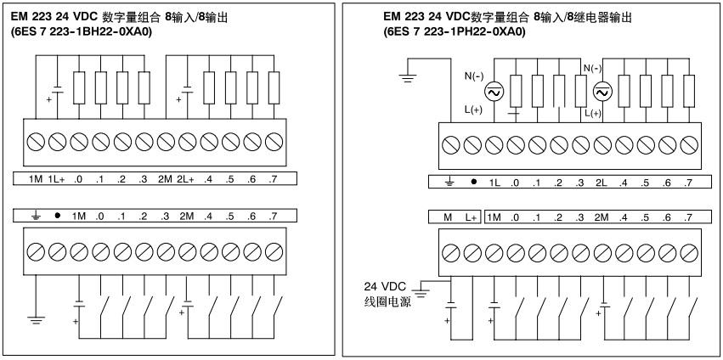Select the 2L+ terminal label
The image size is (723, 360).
tap(187, 179)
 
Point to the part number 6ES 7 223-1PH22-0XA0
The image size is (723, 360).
tap(454, 31)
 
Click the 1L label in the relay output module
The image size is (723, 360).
tap(494, 183)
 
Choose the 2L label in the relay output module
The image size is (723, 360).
tap(602, 183)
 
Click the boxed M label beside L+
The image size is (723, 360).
tap(448, 218)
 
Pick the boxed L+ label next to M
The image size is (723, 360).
tap(470, 218)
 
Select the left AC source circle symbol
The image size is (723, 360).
tap(493, 91)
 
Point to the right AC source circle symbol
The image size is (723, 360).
tap(602, 91)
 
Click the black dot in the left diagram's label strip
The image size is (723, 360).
tap(55, 216)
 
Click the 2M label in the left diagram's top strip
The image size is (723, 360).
tap(165, 179)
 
